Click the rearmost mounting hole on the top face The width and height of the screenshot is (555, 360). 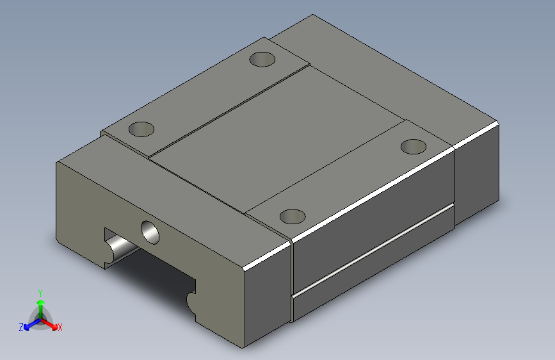[x=262, y=60]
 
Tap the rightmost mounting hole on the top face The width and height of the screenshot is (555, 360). [x=414, y=145]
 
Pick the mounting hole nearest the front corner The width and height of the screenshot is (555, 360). [x=293, y=216]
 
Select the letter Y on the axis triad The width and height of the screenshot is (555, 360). [x=40, y=292]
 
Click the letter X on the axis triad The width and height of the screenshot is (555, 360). [x=60, y=328]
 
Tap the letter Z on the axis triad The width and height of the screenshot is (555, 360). [x=21, y=327]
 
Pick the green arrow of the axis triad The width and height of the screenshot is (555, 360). [x=40, y=304]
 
